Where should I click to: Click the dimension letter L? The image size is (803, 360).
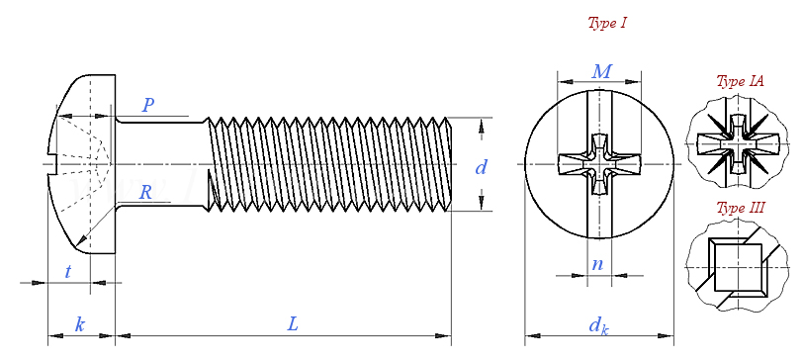coord(292,323)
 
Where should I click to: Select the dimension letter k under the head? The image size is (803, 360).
coord(79,324)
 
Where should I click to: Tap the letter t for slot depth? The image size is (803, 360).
coord(67,271)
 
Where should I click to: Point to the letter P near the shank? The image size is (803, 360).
coord(148,105)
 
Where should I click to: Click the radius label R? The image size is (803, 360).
coord(146,193)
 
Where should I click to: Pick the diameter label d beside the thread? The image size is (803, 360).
coord(481,167)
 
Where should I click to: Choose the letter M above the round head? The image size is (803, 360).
coord(601,72)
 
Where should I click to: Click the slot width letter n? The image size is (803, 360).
coord(597,264)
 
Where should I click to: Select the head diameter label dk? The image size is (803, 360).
coord(598,325)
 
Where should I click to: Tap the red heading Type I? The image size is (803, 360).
coord(607,23)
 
